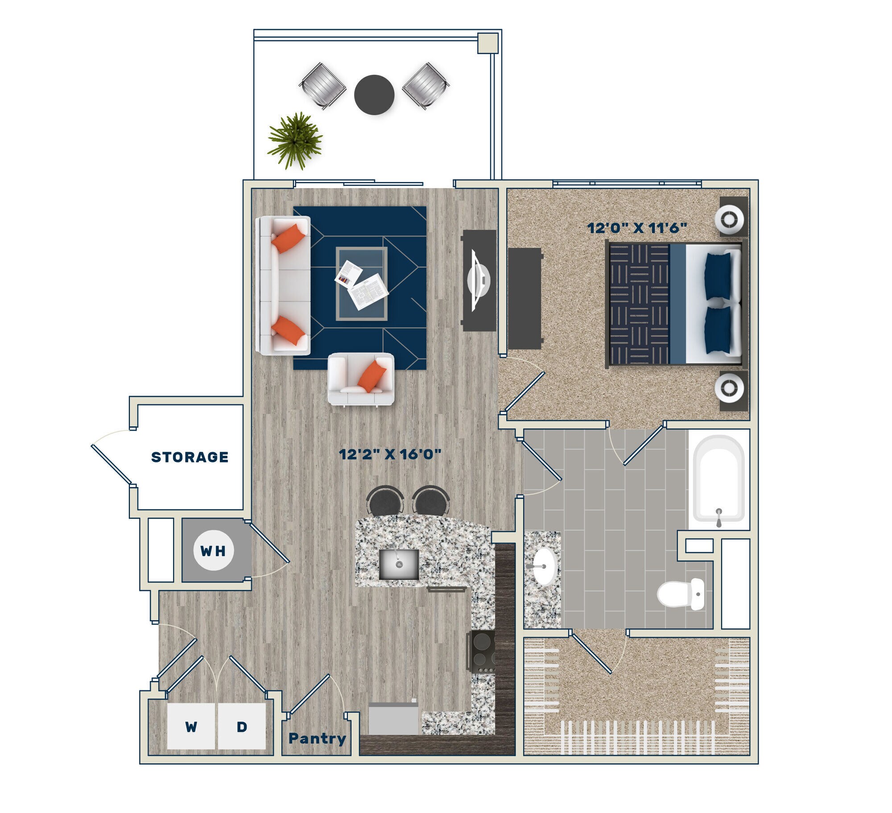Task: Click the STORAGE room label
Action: click(x=190, y=457)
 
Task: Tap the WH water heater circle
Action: click(x=213, y=550)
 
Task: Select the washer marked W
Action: click(x=191, y=727)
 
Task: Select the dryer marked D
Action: click(x=242, y=727)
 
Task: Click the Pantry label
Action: click(x=317, y=739)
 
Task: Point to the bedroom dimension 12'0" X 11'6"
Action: click(x=636, y=228)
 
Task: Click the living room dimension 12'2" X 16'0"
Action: click(x=390, y=454)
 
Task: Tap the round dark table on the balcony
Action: click(x=374, y=95)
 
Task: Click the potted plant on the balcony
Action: click(x=295, y=139)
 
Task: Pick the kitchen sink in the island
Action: click(x=399, y=564)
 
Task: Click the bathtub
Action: click(x=718, y=479)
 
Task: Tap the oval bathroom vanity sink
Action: click(x=545, y=566)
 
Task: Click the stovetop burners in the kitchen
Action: click(x=482, y=652)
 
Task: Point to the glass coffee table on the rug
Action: click(x=361, y=284)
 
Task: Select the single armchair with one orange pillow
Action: click(x=361, y=379)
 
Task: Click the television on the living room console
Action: click(x=479, y=280)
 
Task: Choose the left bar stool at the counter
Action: click(x=385, y=500)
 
